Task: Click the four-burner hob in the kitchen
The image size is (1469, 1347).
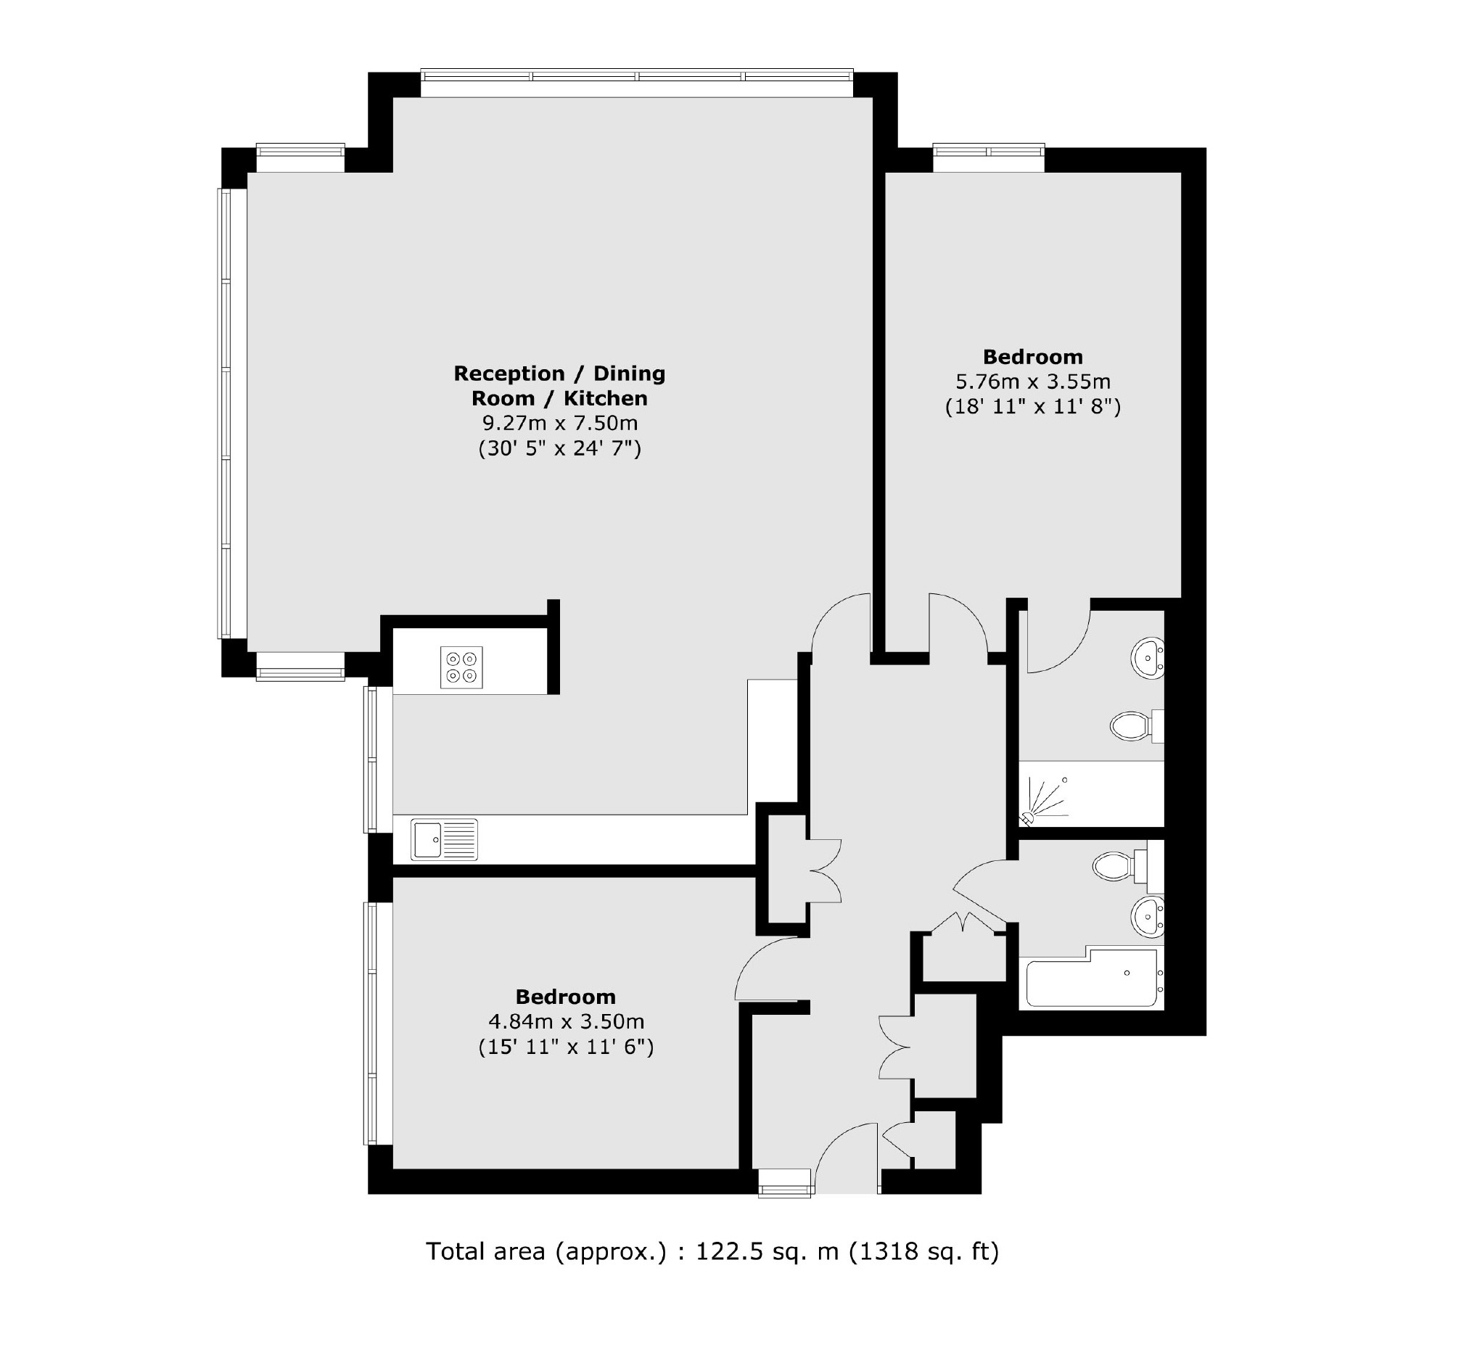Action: (461, 667)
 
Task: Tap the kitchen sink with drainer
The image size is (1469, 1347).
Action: (444, 839)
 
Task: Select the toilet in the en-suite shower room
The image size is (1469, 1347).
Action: (1137, 725)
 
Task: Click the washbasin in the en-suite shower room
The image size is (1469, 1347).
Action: (1148, 658)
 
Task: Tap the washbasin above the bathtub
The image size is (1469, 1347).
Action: (1148, 916)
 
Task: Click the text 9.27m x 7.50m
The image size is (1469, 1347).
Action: (560, 423)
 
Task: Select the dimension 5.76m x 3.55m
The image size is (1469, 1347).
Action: (1033, 382)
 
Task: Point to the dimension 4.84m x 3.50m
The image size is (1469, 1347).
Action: (566, 1021)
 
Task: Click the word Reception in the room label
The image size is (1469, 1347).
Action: (509, 374)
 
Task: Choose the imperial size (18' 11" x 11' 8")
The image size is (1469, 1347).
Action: (1033, 406)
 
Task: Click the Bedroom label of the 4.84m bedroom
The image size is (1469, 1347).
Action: (566, 997)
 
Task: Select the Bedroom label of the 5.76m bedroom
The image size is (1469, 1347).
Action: (1033, 356)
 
